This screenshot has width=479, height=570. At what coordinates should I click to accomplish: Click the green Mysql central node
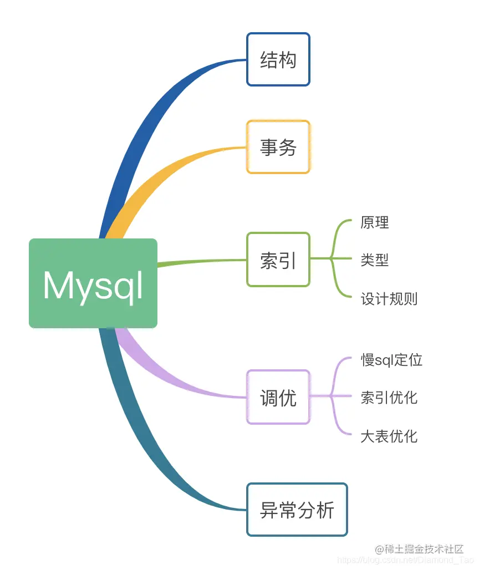93,283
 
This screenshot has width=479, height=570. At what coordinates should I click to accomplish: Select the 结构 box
278,59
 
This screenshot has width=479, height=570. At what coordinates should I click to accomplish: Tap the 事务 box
278,147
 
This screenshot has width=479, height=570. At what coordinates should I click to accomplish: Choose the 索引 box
278,259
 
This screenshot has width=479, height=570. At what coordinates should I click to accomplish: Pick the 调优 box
278,397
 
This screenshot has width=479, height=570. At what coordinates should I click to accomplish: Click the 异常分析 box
297,510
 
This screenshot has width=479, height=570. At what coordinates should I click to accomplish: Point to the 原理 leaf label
375,222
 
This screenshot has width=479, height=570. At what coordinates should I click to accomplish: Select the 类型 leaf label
375,259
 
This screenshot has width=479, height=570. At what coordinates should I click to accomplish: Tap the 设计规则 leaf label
389,299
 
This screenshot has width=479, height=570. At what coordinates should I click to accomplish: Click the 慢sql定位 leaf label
391,360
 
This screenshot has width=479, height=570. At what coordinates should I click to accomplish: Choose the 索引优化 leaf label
389,397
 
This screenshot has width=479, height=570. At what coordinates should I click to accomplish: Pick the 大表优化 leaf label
389,436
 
